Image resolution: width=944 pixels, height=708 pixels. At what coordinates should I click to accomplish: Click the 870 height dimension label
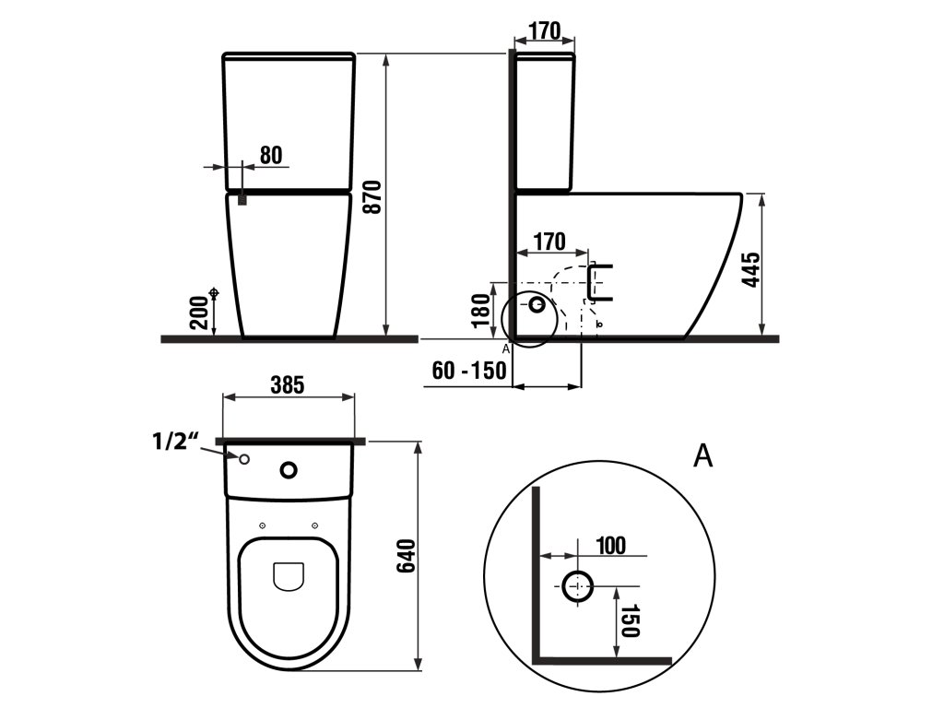373,197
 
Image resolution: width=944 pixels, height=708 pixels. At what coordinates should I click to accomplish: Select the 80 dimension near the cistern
271,155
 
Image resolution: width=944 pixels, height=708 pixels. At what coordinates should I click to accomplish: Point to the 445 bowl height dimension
752,270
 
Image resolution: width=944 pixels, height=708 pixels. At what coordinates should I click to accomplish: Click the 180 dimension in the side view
481,311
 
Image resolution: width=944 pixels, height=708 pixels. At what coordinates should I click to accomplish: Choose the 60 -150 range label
469,371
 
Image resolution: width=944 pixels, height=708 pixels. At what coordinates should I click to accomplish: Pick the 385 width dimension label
288,384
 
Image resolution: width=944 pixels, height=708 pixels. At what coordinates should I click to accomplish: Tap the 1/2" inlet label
174,442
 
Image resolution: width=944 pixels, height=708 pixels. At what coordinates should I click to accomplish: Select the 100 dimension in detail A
611,546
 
